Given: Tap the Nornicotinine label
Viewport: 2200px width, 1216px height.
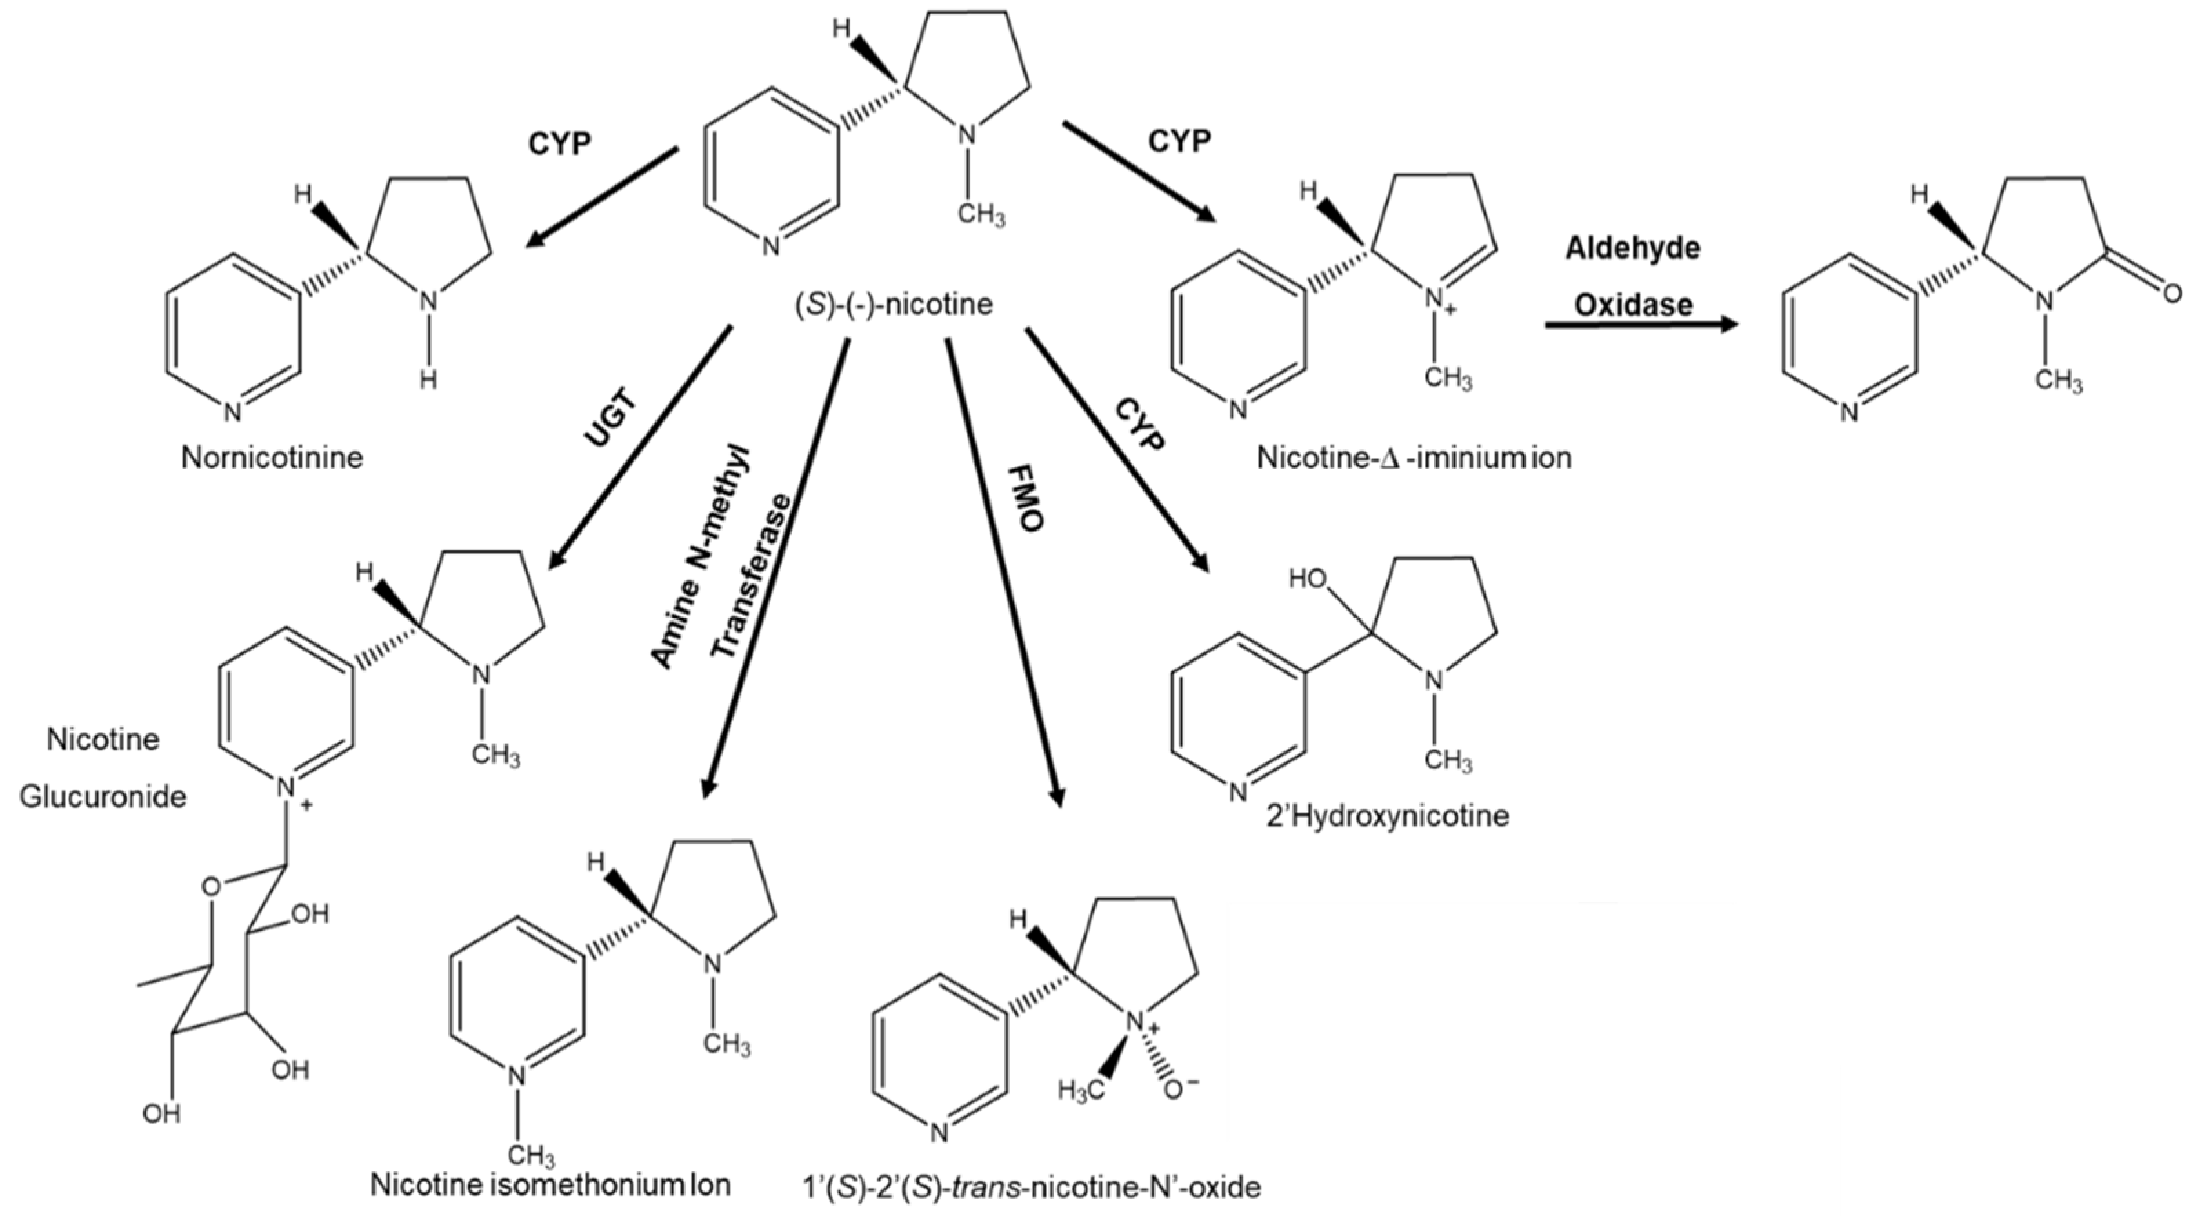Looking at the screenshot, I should click(272, 458).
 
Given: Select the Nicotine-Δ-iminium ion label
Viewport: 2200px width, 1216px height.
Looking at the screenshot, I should click(1413, 458).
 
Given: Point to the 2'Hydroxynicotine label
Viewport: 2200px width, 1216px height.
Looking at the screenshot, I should click(1387, 815).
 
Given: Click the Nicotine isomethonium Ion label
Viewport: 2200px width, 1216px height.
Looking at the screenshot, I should click(551, 1185).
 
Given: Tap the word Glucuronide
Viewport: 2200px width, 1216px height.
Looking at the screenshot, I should click(103, 797).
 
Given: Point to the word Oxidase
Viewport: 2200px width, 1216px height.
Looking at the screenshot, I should click(1633, 305).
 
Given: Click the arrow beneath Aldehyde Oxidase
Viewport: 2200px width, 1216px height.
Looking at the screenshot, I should click(1640, 325).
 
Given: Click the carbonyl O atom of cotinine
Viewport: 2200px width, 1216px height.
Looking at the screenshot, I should click(2172, 294).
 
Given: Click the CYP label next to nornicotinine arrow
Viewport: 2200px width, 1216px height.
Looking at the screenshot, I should click(559, 143).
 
